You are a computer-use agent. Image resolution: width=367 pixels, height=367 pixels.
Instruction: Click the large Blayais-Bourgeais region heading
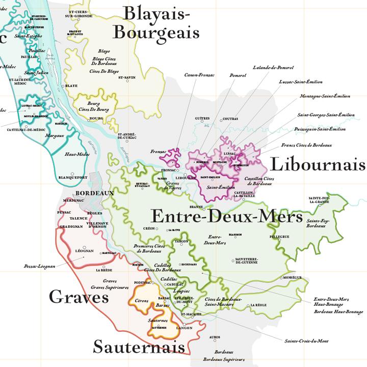click(x=155, y=22)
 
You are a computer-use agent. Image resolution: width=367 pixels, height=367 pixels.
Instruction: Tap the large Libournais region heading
click(x=317, y=164)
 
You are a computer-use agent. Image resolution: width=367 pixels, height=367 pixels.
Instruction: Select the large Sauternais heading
click(x=138, y=347)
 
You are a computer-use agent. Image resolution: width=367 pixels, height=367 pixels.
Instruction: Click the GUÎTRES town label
click(x=202, y=118)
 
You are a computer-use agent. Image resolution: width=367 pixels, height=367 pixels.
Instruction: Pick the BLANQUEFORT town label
click(x=73, y=177)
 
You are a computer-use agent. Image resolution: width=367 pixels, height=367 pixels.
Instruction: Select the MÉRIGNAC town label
click(x=73, y=201)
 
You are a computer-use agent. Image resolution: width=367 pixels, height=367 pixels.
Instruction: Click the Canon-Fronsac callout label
click(x=199, y=75)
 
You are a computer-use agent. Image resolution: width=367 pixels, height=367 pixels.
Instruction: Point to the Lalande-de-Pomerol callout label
click(x=273, y=67)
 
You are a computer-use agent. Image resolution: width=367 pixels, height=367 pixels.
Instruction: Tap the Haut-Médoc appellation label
click(x=75, y=154)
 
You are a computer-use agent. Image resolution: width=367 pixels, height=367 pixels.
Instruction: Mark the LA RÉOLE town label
click(x=258, y=305)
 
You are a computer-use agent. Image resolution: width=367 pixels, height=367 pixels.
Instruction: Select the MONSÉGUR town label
click(x=293, y=277)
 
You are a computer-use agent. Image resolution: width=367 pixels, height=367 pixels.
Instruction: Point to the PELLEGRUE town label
click(x=280, y=237)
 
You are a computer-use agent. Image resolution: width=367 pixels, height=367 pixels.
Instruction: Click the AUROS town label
click(x=215, y=337)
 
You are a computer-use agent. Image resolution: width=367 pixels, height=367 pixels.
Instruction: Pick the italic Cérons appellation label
click(x=142, y=301)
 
